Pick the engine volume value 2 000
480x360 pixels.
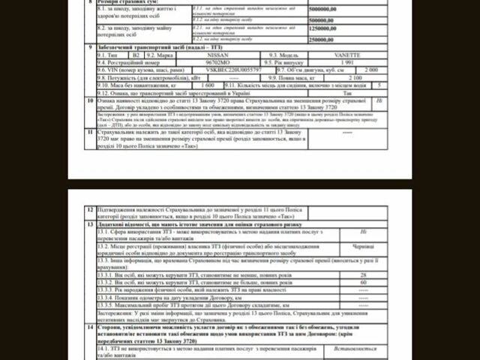(x=370, y=68)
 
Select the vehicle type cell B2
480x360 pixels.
(x=135, y=54)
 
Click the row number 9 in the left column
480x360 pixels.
(x=89, y=46)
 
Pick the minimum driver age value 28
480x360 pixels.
(x=363, y=275)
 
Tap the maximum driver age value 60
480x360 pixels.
(x=363, y=283)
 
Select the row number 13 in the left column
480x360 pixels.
(x=90, y=224)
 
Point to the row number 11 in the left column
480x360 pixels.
(x=89, y=132)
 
